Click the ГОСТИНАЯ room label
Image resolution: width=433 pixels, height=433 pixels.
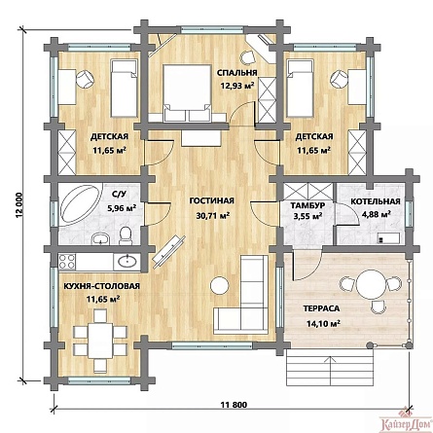pyautogui.click(x=211, y=201)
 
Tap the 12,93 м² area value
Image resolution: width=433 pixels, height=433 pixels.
pyautogui.click(x=237, y=86)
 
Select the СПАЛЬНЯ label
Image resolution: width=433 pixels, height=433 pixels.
pyautogui.click(x=237, y=73)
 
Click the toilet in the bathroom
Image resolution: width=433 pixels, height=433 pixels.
pyautogui.click(x=126, y=235)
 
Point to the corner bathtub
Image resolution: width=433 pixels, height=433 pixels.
pyautogui.click(x=81, y=203)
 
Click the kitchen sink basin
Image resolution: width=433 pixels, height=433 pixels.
pyautogui.click(x=126, y=261)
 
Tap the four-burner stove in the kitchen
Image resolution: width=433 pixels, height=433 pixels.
pyautogui.click(x=67, y=262)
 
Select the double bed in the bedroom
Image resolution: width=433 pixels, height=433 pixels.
pyautogui.click(x=187, y=93)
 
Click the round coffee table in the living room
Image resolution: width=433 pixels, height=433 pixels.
pyautogui.click(x=220, y=285)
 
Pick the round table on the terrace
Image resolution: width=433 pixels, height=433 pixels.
pyautogui.click(x=370, y=284)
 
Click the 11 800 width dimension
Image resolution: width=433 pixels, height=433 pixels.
pyautogui.click(x=234, y=405)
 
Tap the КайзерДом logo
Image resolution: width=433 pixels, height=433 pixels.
pyautogui.click(x=406, y=423)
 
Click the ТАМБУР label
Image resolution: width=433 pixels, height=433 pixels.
pyautogui.click(x=307, y=205)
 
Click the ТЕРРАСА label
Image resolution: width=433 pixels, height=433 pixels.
pyautogui.click(x=321, y=308)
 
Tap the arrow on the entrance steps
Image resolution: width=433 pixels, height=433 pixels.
pyautogui.click(x=330, y=370)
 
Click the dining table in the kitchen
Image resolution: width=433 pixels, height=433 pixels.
pyautogui.click(x=100, y=341)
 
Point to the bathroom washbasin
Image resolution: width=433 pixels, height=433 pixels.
pyautogui.click(x=100, y=238)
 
